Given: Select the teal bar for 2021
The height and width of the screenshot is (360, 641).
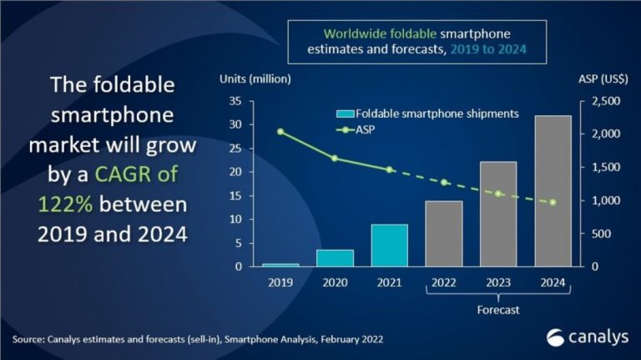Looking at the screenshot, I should [389, 246].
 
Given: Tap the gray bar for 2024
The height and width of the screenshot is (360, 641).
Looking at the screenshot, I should [553, 191].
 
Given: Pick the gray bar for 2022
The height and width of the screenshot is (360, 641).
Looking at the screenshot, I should [444, 234].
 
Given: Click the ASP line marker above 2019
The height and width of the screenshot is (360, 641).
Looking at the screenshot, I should [280, 131].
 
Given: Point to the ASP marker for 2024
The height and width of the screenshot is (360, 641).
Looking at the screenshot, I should [553, 202].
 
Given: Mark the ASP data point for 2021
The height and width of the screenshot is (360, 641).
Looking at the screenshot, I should [389, 170].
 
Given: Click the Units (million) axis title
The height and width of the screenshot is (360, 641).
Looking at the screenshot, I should [255, 79].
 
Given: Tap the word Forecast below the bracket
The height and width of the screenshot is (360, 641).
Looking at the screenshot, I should [498, 310].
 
